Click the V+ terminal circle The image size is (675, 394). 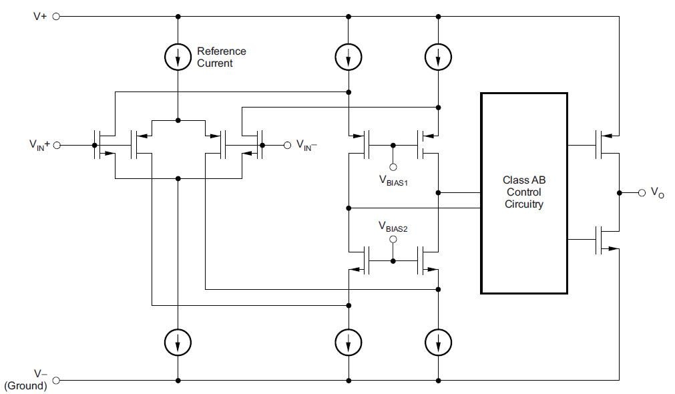56,17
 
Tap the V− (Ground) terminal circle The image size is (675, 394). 56,381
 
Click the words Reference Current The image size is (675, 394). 220,57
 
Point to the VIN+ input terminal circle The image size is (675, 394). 56,145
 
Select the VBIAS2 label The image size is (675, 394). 393,227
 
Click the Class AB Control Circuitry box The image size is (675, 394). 523,193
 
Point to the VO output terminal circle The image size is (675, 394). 642,192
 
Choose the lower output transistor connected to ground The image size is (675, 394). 606,240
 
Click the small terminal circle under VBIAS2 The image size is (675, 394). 393,238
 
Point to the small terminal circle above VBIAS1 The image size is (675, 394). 393,168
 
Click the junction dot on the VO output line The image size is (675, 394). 620,192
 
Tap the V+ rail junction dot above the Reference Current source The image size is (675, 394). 178,17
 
